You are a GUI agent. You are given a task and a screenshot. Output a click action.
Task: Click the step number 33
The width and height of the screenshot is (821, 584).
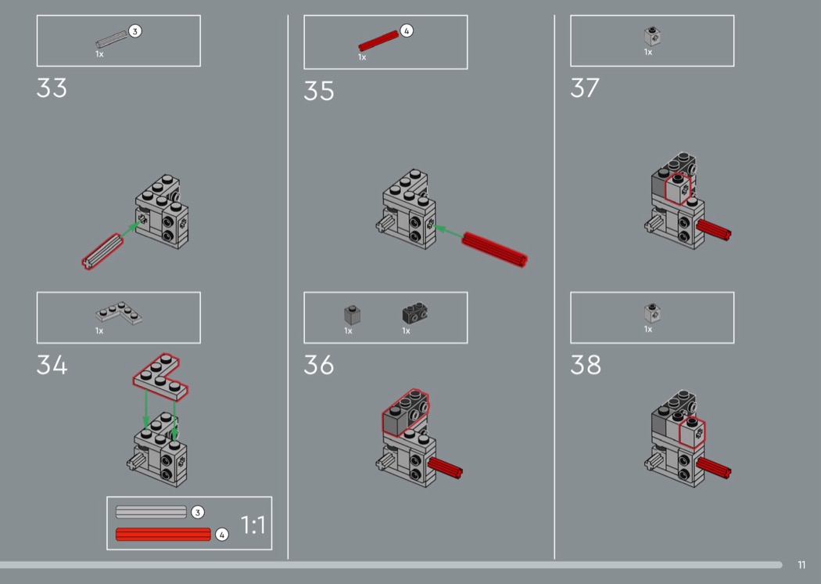click(52, 88)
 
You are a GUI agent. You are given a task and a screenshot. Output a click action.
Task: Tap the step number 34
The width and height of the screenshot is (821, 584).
click(52, 365)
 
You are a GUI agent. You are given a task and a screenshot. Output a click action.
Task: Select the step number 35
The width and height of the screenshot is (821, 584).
click(319, 92)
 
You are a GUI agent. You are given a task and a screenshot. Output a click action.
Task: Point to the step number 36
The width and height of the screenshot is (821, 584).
click(319, 365)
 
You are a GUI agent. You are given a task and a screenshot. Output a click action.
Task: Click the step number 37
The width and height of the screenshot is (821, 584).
click(585, 88)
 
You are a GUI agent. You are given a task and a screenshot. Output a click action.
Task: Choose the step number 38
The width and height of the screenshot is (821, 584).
click(586, 365)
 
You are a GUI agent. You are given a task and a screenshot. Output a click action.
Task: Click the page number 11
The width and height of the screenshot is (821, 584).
click(801, 564)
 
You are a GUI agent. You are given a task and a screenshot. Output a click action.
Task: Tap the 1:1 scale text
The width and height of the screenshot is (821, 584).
click(253, 525)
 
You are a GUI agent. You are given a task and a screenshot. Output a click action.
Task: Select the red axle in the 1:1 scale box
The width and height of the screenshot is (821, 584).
click(163, 534)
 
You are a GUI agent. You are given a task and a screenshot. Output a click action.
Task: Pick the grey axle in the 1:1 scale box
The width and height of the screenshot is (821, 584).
click(151, 512)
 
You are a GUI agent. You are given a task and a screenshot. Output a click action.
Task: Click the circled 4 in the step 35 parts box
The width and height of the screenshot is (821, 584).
click(407, 31)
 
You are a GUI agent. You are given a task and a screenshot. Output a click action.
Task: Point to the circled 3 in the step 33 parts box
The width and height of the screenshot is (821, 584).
click(134, 31)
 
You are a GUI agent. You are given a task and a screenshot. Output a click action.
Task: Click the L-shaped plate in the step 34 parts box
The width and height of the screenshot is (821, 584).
click(120, 312)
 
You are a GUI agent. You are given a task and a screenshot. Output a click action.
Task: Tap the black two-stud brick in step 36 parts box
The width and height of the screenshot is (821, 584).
click(414, 313)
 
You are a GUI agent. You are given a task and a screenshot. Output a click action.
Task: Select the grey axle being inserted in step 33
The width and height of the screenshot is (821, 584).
click(102, 251)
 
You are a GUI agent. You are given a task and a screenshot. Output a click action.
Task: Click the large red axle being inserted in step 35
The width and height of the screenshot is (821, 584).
click(494, 249)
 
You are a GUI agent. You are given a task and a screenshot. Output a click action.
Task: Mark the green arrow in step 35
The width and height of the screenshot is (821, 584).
click(448, 233)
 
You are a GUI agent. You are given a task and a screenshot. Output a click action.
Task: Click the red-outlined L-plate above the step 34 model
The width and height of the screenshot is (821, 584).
click(160, 377)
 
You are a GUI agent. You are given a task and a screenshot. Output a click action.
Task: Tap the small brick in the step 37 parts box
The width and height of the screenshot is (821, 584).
click(652, 36)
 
